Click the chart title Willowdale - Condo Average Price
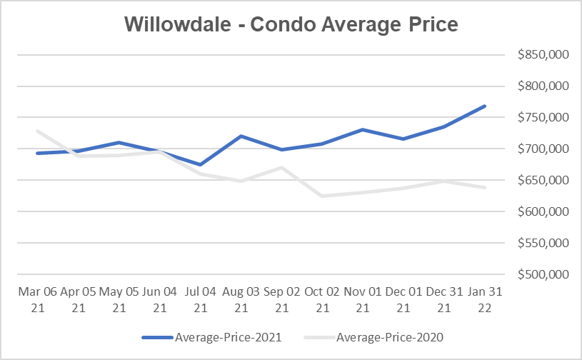[291, 24]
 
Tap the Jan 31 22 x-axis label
[485, 299]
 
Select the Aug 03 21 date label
[241, 299]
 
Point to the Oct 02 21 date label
[322, 299]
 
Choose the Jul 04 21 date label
[200, 299]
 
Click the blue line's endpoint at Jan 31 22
[485, 106]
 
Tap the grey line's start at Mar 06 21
[36, 131]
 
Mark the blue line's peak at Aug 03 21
[241, 136]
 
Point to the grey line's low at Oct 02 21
[322, 196]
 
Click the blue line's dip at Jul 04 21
[200, 164]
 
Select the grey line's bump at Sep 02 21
[281, 167]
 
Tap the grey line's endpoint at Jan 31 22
[485, 187]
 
